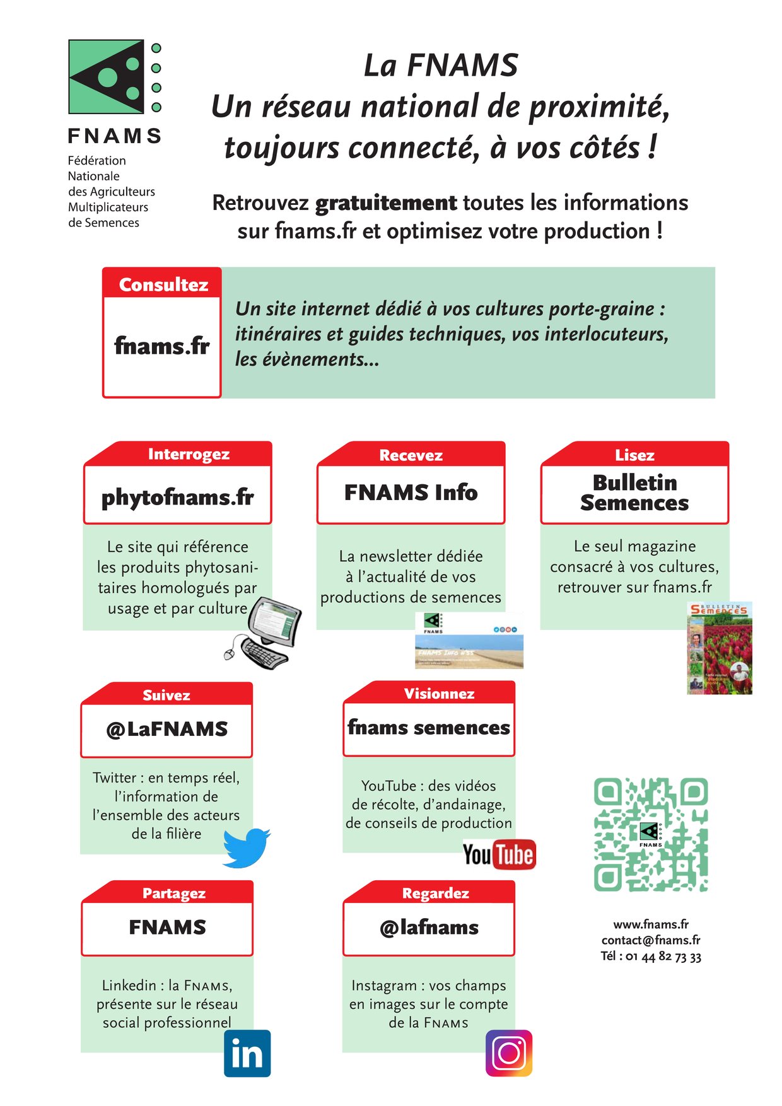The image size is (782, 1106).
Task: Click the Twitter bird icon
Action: [246, 848]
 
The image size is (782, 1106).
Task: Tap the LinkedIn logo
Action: [247, 1053]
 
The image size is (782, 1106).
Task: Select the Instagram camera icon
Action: [509, 1053]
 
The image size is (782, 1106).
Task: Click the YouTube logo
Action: [499, 855]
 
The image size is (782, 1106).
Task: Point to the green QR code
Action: [651, 835]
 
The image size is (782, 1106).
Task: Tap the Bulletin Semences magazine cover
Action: [719, 648]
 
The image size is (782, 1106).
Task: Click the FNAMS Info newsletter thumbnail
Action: [469, 640]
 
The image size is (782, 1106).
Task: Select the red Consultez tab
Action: [163, 285]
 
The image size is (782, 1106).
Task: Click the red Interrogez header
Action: [188, 455]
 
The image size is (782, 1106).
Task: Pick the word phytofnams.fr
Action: [178, 498]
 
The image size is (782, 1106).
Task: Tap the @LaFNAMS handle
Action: [166, 730]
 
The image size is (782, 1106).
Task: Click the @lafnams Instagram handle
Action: [429, 928]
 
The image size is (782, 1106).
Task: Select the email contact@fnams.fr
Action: [651, 940]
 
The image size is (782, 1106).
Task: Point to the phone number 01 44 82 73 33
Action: [662, 957]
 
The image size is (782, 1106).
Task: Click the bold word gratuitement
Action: [386, 203]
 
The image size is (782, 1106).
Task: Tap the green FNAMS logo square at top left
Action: [107, 77]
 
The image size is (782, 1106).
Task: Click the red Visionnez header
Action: [439, 694]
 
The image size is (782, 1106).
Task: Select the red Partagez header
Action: [174, 894]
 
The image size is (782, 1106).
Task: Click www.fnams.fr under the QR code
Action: [651, 924]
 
